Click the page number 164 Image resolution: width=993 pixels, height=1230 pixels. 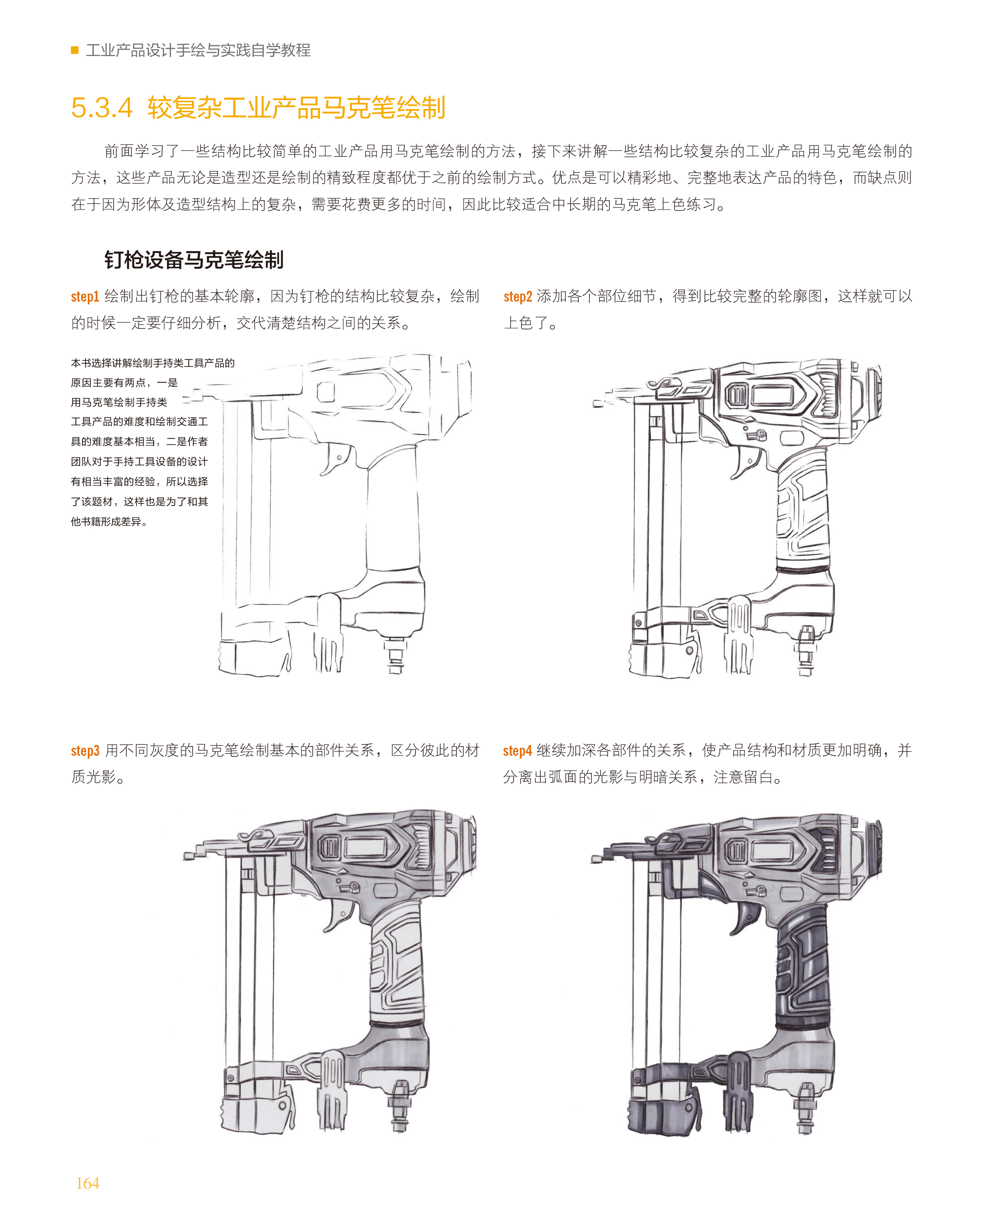[88, 1183]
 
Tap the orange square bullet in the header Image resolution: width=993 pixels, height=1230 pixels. [74, 50]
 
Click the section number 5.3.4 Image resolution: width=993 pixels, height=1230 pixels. [102, 108]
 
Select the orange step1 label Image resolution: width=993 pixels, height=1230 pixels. [84, 296]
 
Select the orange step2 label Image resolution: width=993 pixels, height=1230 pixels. [518, 296]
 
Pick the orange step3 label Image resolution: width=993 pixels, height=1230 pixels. [84, 751]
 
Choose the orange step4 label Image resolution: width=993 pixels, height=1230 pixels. [517, 751]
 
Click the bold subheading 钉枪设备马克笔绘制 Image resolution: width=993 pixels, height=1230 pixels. [194, 260]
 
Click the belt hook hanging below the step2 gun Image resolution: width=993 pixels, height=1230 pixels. [738, 635]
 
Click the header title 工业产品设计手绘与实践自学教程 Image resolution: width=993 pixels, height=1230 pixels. [198, 50]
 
